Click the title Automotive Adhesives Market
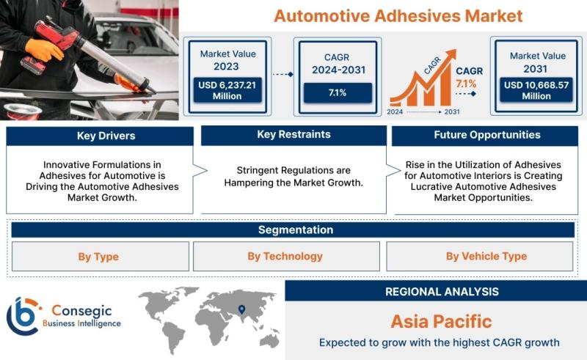pyautogui.click(x=398, y=16)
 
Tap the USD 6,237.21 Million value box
pyautogui.click(x=227, y=90)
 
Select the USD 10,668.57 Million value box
pyautogui.click(x=536, y=90)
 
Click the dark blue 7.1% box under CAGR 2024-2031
pyautogui.click(x=338, y=93)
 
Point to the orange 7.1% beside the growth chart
pyautogui.click(x=466, y=84)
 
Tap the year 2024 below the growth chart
pyautogui.click(x=395, y=111)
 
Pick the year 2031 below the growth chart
pyautogui.click(x=452, y=111)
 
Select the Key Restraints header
pyautogui.click(x=294, y=135)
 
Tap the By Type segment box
pyautogui.click(x=101, y=257)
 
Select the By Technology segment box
pyautogui.click(x=286, y=257)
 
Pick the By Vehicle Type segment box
pyautogui.click(x=480, y=257)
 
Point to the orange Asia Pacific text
pyautogui.click(x=442, y=321)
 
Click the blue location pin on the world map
pyautogui.click(x=242, y=309)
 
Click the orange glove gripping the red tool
pyautogui.click(x=43, y=49)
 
